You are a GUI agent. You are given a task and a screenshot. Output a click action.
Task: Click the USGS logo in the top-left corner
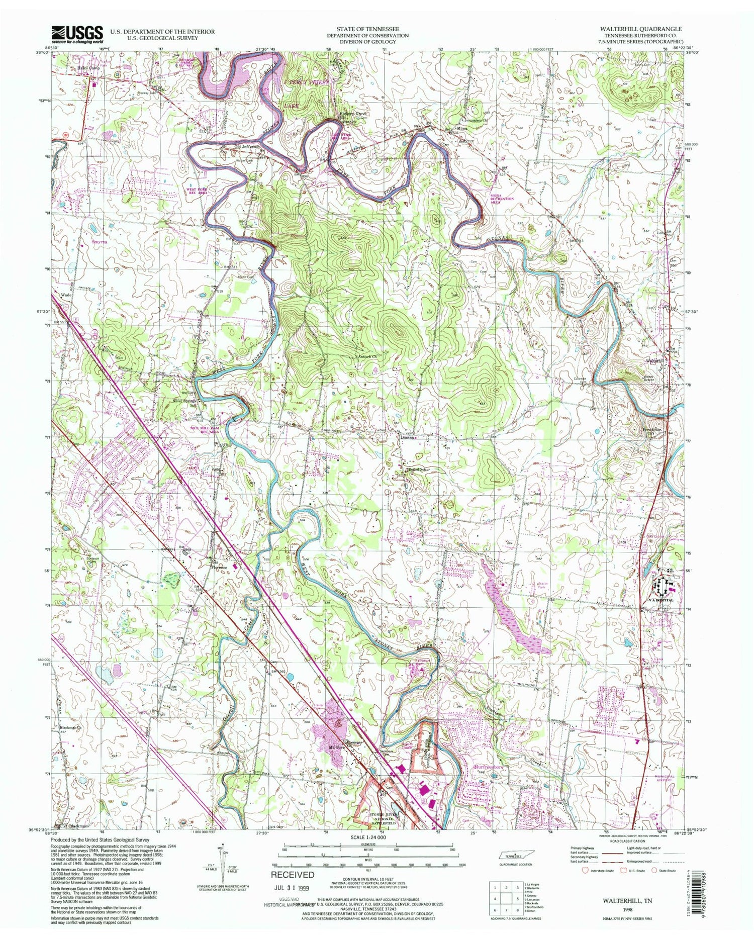coord(77,34)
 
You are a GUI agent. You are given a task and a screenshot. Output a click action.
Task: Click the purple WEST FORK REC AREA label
coord(197,191)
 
